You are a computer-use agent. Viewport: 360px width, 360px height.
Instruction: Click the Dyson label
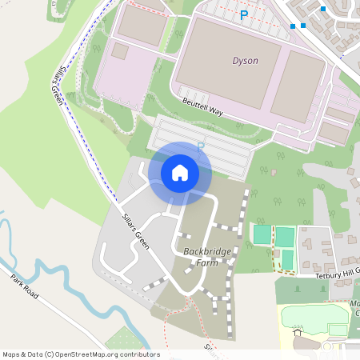[245, 61]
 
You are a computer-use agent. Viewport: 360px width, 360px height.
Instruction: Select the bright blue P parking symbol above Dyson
[244, 14]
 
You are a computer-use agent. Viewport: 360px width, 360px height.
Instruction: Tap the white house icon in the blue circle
[180, 172]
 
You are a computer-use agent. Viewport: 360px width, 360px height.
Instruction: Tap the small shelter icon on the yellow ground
[298, 333]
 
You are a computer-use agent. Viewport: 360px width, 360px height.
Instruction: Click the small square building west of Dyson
[119, 51]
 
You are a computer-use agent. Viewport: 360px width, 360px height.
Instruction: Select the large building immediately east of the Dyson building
[298, 86]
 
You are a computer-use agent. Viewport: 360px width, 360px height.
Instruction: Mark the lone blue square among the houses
[323, 9]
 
